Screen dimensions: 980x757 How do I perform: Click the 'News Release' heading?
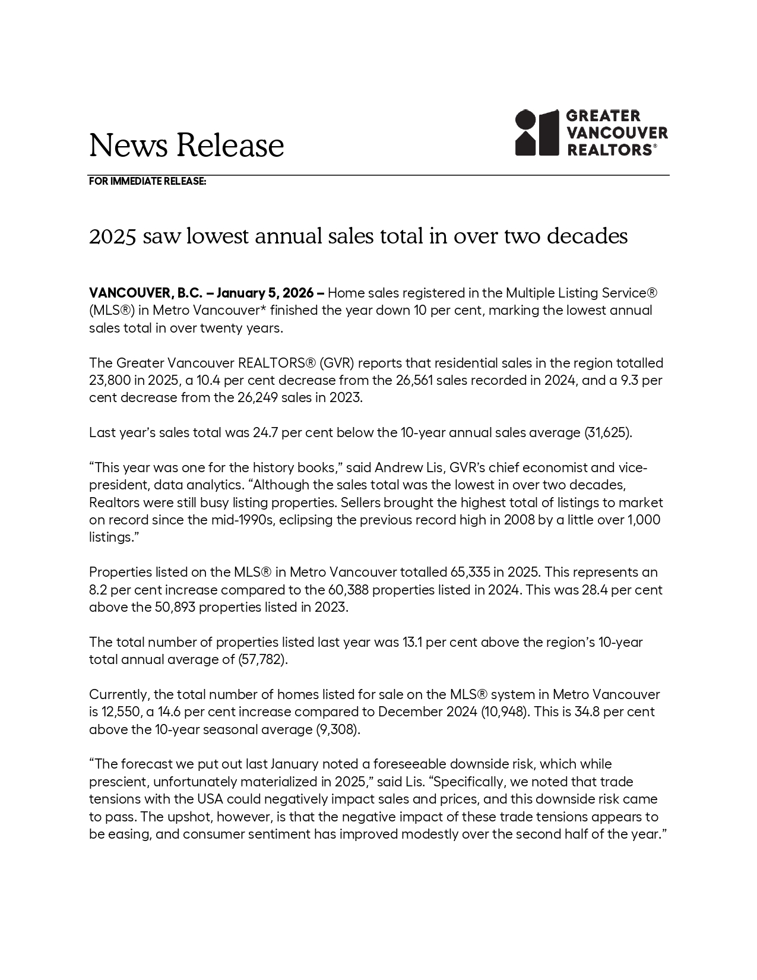(x=186, y=145)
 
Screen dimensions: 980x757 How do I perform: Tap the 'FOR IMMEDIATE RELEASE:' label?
(x=147, y=181)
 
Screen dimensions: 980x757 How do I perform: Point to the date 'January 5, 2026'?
(x=265, y=293)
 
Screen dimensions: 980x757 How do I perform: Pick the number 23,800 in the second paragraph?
(x=108, y=380)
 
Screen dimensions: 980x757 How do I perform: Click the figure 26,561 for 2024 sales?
(x=414, y=380)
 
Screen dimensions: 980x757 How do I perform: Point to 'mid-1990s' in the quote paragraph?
(x=201, y=520)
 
